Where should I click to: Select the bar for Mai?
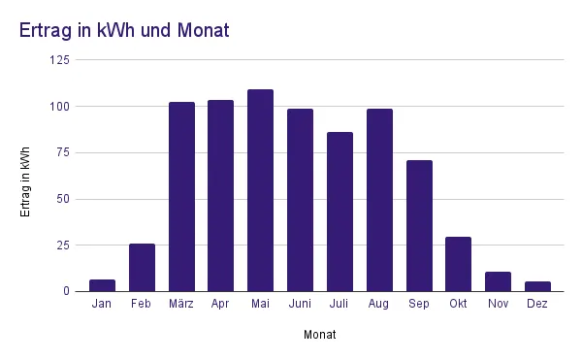click(x=260, y=190)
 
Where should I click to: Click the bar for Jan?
click(x=102, y=285)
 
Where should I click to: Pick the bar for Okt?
click(x=459, y=264)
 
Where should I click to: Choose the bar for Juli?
click(x=339, y=212)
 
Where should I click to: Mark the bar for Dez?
click(x=537, y=286)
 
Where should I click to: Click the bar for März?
click(x=181, y=196)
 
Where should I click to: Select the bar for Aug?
click(x=379, y=200)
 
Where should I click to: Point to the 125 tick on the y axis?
click(x=59, y=60)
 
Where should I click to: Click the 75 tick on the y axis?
click(x=63, y=152)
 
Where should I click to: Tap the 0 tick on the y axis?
click(x=67, y=291)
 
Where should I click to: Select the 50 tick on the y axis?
click(x=63, y=199)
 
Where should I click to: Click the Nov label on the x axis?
click(x=498, y=305)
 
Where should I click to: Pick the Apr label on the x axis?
click(x=220, y=305)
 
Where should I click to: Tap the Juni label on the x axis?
click(x=300, y=305)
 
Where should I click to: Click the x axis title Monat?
click(x=320, y=335)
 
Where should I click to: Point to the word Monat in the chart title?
click(x=204, y=31)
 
